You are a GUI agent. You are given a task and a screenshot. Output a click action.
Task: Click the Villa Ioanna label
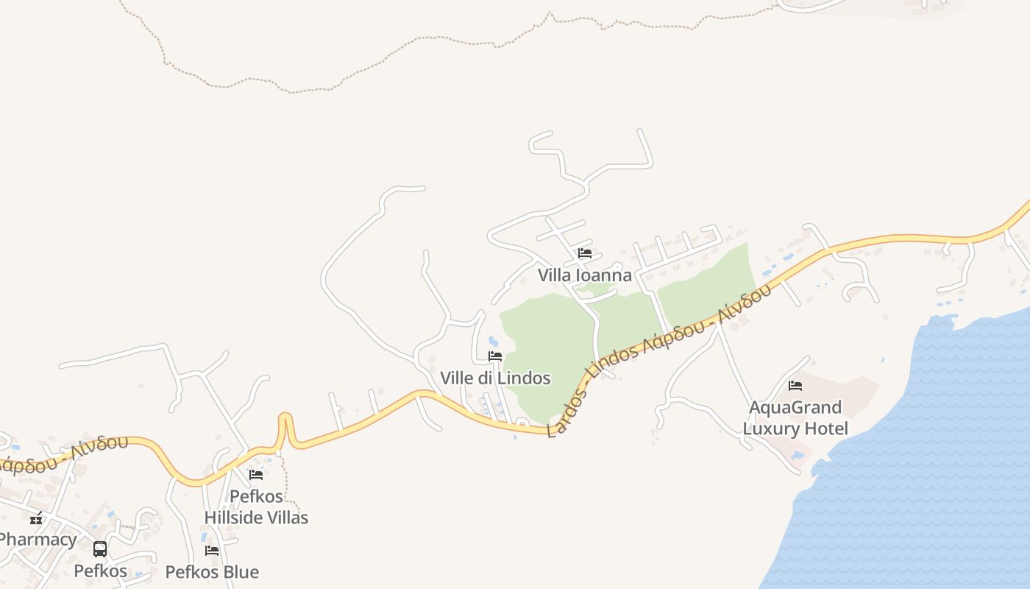[x=584, y=275]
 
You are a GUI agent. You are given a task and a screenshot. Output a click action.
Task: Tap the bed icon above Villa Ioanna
[x=585, y=253]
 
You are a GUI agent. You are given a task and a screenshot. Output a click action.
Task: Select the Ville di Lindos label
[x=495, y=378]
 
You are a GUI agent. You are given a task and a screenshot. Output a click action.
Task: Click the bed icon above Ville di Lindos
[x=495, y=356]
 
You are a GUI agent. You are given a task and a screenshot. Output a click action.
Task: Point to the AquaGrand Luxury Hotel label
[x=795, y=418]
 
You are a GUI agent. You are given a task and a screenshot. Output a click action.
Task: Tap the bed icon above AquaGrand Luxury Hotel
[x=795, y=385]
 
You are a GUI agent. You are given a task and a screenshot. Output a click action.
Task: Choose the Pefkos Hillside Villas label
[x=256, y=507]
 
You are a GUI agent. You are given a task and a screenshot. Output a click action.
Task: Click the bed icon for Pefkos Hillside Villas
[x=256, y=475]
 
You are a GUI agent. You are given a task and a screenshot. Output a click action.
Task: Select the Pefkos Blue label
[x=212, y=572]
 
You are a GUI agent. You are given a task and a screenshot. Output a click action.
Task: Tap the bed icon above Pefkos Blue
[x=212, y=551]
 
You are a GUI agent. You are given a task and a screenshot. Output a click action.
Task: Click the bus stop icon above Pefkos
[x=100, y=549]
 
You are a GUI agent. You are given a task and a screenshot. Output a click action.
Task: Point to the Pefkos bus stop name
[x=100, y=571]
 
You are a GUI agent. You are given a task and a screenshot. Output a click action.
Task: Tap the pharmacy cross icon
[x=35, y=518]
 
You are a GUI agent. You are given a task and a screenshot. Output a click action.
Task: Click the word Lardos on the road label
[x=567, y=407]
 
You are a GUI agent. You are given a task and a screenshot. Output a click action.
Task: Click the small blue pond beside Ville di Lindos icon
[x=492, y=341]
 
